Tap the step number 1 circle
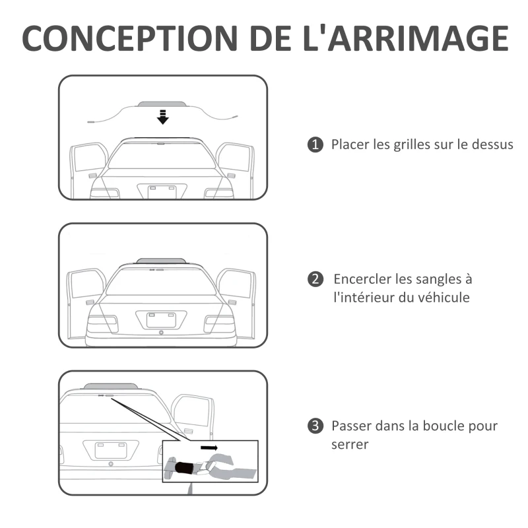pyautogui.click(x=315, y=145)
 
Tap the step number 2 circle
pyautogui.click(x=315, y=280)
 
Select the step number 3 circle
pyautogui.click(x=315, y=426)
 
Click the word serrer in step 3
pyautogui.click(x=350, y=444)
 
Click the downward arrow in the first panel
pyautogui.click(x=162, y=117)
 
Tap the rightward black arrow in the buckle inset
pyautogui.click(x=209, y=447)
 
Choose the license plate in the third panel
pyautogui.click(x=110, y=449)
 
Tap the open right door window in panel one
pyautogui.click(x=235, y=158)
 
